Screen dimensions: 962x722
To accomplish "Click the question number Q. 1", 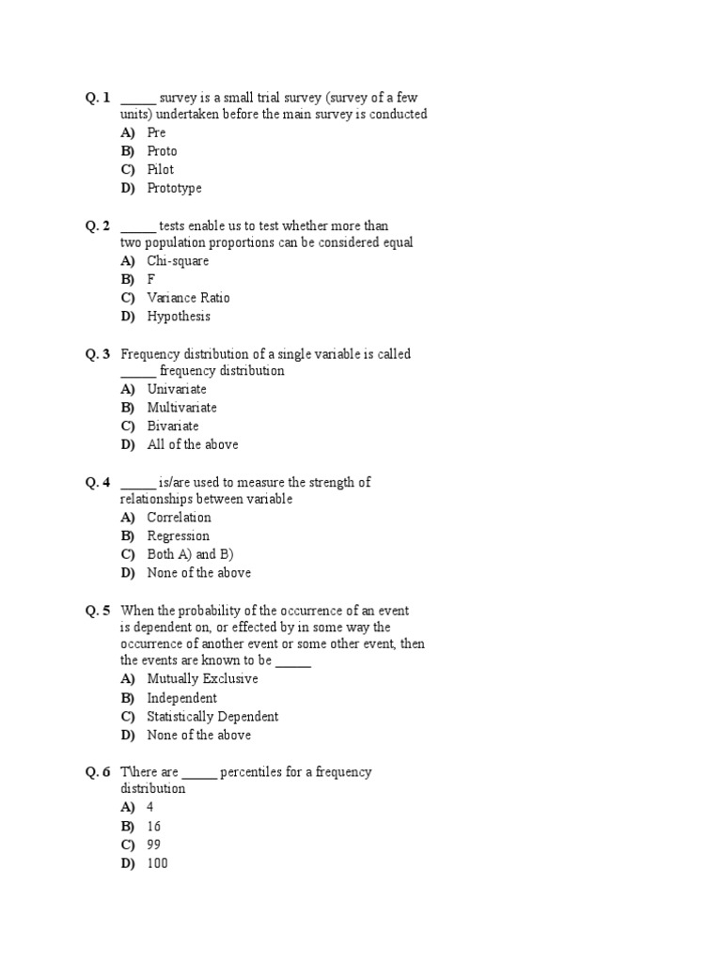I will [98, 97].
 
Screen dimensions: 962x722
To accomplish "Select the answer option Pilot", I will [160, 170].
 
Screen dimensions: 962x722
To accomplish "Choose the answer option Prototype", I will [174, 188].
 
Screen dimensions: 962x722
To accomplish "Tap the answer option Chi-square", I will [178, 261].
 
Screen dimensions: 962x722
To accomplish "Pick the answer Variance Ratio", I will [188, 298].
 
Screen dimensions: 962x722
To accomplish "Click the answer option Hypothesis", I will [179, 317].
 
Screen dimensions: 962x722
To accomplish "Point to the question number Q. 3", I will [98, 354].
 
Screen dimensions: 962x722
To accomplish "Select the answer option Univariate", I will [177, 389].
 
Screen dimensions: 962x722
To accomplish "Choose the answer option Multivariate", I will [181, 408].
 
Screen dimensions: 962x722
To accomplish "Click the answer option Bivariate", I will [173, 427].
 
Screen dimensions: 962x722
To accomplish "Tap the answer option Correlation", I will [179, 518].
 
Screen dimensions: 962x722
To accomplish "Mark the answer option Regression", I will [178, 536].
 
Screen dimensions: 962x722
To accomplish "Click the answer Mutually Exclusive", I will [202, 679].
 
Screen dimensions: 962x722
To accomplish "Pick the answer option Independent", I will [181, 698].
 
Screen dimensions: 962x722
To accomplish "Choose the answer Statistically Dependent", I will [212, 717].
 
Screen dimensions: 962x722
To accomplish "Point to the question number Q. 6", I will [98, 772].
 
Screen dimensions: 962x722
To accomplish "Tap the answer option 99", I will [154, 845].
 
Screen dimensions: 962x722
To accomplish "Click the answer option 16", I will [154, 826].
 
